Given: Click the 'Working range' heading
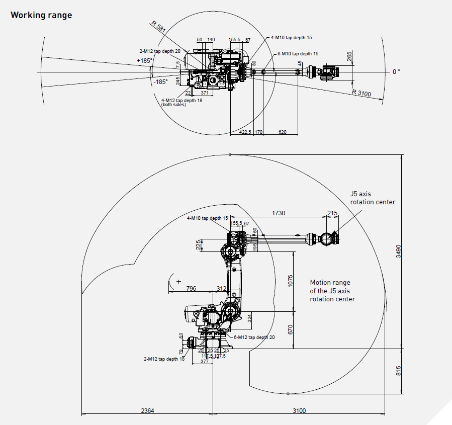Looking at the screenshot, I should [x=41, y=15].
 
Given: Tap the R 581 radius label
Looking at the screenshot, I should [x=158, y=26].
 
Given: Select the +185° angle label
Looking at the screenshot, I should [x=144, y=60].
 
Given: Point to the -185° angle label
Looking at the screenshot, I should [x=160, y=82].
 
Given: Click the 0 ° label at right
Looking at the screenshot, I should [x=396, y=72].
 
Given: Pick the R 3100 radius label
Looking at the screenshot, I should [x=361, y=92].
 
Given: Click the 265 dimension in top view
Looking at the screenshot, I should [x=349, y=57].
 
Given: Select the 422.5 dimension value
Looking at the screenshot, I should [x=245, y=132].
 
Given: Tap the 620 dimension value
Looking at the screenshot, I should [x=282, y=132].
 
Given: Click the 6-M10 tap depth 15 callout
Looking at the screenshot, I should [x=298, y=53].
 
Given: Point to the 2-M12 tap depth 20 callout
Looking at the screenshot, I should [x=160, y=51].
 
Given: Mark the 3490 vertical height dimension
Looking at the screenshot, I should [x=397, y=250].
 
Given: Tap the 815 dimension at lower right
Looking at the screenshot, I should [x=397, y=371].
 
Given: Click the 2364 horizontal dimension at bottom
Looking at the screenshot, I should [x=147, y=410].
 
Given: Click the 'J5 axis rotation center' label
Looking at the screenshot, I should [x=373, y=198].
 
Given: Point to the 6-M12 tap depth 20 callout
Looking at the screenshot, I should [x=254, y=337].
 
